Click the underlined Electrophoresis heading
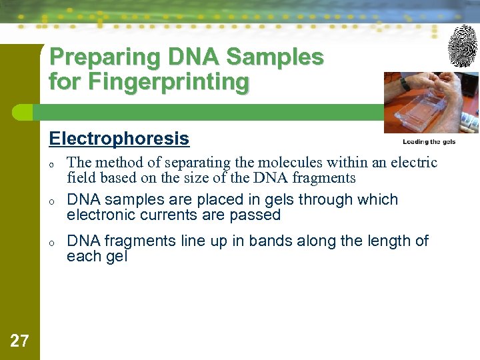click(x=119, y=139)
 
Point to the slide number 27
click(x=20, y=341)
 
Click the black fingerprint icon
click(x=463, y=46)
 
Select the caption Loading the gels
click(x=429, y=142)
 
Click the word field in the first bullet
click(x=81, y=178)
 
